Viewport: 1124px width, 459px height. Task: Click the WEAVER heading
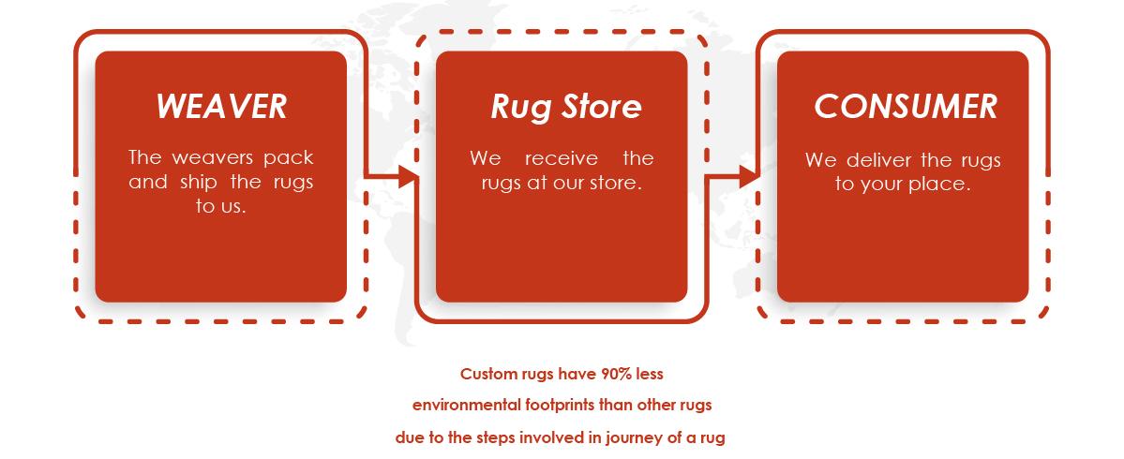pos(221,107)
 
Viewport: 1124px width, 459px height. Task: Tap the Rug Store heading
pos(565,107)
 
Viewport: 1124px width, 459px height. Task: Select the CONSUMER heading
pos(906,107)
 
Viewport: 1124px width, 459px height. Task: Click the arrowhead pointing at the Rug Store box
pos(408,176)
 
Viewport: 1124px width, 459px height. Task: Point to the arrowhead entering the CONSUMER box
pos(749,176)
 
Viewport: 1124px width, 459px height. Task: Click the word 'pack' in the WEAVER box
pos(289,158)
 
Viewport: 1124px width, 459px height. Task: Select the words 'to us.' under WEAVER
pos(221,207)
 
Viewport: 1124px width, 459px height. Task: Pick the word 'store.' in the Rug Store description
pos(614,184)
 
